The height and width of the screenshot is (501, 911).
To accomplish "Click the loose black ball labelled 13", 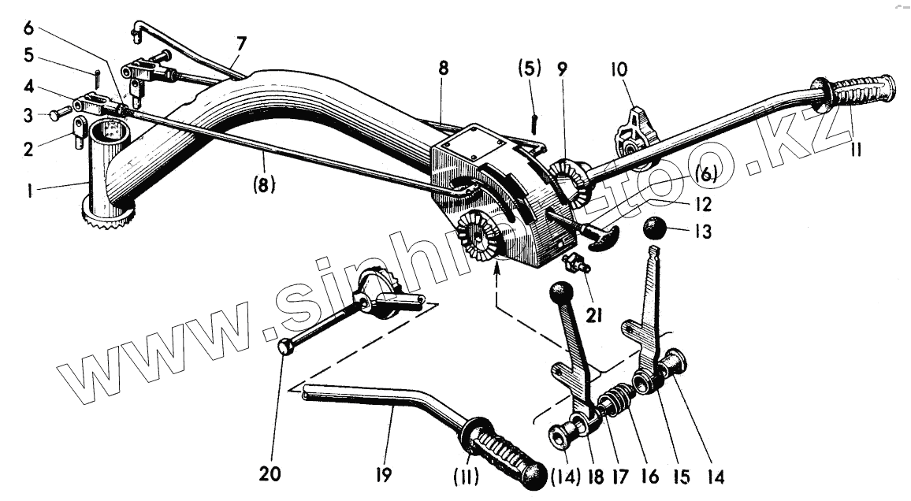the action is point(656,230).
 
